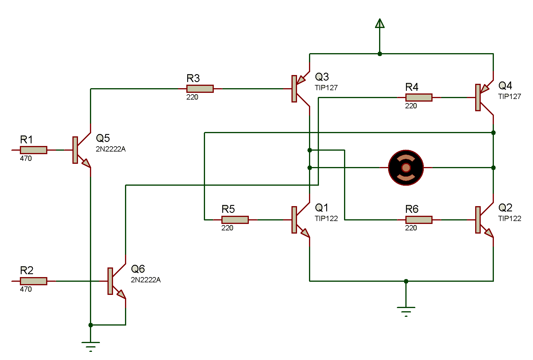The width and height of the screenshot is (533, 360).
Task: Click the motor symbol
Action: click(406, 168)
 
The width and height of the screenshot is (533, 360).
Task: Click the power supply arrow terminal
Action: click(380, 23)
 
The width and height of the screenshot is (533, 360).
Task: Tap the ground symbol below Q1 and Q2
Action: click(406, 310)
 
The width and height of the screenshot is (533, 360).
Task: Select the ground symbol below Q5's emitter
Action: click(91, 345)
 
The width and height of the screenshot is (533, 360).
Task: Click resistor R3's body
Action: click(200, 89)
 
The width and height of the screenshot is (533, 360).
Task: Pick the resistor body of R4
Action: click(419, 98)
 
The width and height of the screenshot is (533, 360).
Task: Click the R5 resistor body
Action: click(235, 220)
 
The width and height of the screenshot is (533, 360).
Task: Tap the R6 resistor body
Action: click(419, 220)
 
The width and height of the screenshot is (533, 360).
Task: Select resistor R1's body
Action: click(33, 150)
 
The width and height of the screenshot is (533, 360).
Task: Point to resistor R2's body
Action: click(33, 281)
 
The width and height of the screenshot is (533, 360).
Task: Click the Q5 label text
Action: click(103, 138)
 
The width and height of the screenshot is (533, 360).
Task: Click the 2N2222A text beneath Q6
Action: click(145, 280)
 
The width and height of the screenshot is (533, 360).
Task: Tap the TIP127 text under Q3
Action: click(326, 88)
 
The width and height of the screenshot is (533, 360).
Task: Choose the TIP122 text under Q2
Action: click(509, 219)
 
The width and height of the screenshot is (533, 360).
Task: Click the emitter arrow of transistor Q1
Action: click(305, 233)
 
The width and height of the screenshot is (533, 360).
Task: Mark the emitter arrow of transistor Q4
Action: click(485, 88)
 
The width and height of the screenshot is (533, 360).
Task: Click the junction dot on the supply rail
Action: click(380, 54)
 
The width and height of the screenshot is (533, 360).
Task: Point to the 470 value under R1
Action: click(26, 159)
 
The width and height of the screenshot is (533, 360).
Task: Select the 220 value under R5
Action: click(227, 228)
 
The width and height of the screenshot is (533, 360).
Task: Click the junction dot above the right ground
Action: click(406, 281)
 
